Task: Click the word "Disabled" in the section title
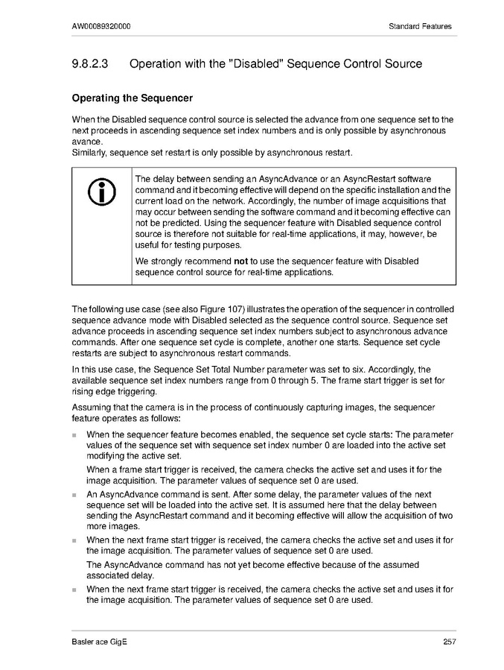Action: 249,64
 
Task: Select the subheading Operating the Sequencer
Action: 132,98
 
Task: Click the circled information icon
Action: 101,193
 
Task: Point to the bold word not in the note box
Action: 240,262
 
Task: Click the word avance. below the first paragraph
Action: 87,142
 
